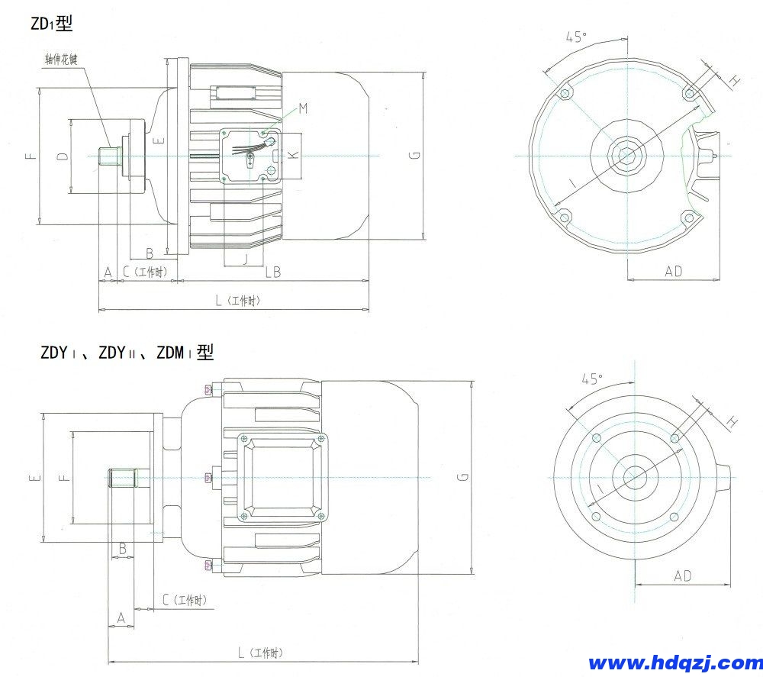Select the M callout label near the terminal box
pos(303,108)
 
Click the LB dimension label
pos(272,272)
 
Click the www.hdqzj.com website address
pos(671,662)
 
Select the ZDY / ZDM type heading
pos(127,353)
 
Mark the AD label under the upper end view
pos(673,271)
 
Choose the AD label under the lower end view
pos(682,576)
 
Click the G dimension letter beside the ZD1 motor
pos(413,156)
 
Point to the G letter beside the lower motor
pos(462,477)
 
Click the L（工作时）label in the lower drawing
pos(259,653)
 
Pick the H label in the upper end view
pos(734,80)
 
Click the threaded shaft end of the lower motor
pos(122,479)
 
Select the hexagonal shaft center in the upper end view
pos(627,155)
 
